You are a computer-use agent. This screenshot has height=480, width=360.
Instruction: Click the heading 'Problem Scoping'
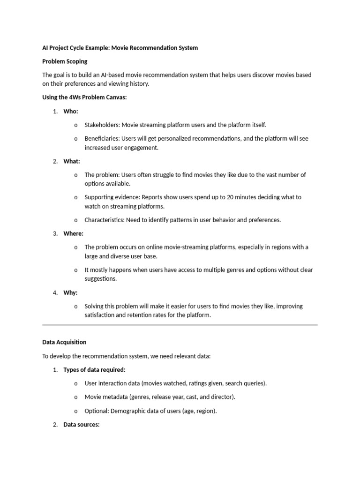[x=65, y=61]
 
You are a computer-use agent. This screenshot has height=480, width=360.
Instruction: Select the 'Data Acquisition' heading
[x=64, y=342]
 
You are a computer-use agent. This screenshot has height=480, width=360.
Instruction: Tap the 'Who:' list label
[x=71, y=111]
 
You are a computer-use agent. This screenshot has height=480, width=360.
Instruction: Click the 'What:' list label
[x=72, y=161]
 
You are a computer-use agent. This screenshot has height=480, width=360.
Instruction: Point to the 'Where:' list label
[x=74, y=233]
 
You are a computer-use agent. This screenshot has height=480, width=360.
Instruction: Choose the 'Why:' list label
[x=70, y=292]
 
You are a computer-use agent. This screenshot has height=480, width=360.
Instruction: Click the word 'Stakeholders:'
[x=102, y=125]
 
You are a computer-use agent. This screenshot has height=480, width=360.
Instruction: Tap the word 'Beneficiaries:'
[x=102, y=139]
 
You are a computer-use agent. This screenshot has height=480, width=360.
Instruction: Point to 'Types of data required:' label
[x=94, y=370]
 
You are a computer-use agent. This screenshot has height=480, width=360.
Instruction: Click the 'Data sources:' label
[x=82, y=425]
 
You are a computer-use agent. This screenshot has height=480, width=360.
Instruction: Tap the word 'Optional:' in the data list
[x=97, y=411]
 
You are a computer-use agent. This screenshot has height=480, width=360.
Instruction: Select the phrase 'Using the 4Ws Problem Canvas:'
[x=84, y=97]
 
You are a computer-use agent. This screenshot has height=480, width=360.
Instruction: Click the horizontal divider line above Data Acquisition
[x=180, y=324]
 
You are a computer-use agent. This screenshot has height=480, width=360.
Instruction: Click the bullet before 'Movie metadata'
[x=75, y=397]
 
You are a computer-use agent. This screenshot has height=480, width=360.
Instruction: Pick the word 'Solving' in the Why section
[x=95, y=306]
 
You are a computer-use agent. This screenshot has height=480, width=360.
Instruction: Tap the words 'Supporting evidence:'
[x=112, y=197]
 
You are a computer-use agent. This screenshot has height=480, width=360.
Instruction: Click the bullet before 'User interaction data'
[x=75, y=384]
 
